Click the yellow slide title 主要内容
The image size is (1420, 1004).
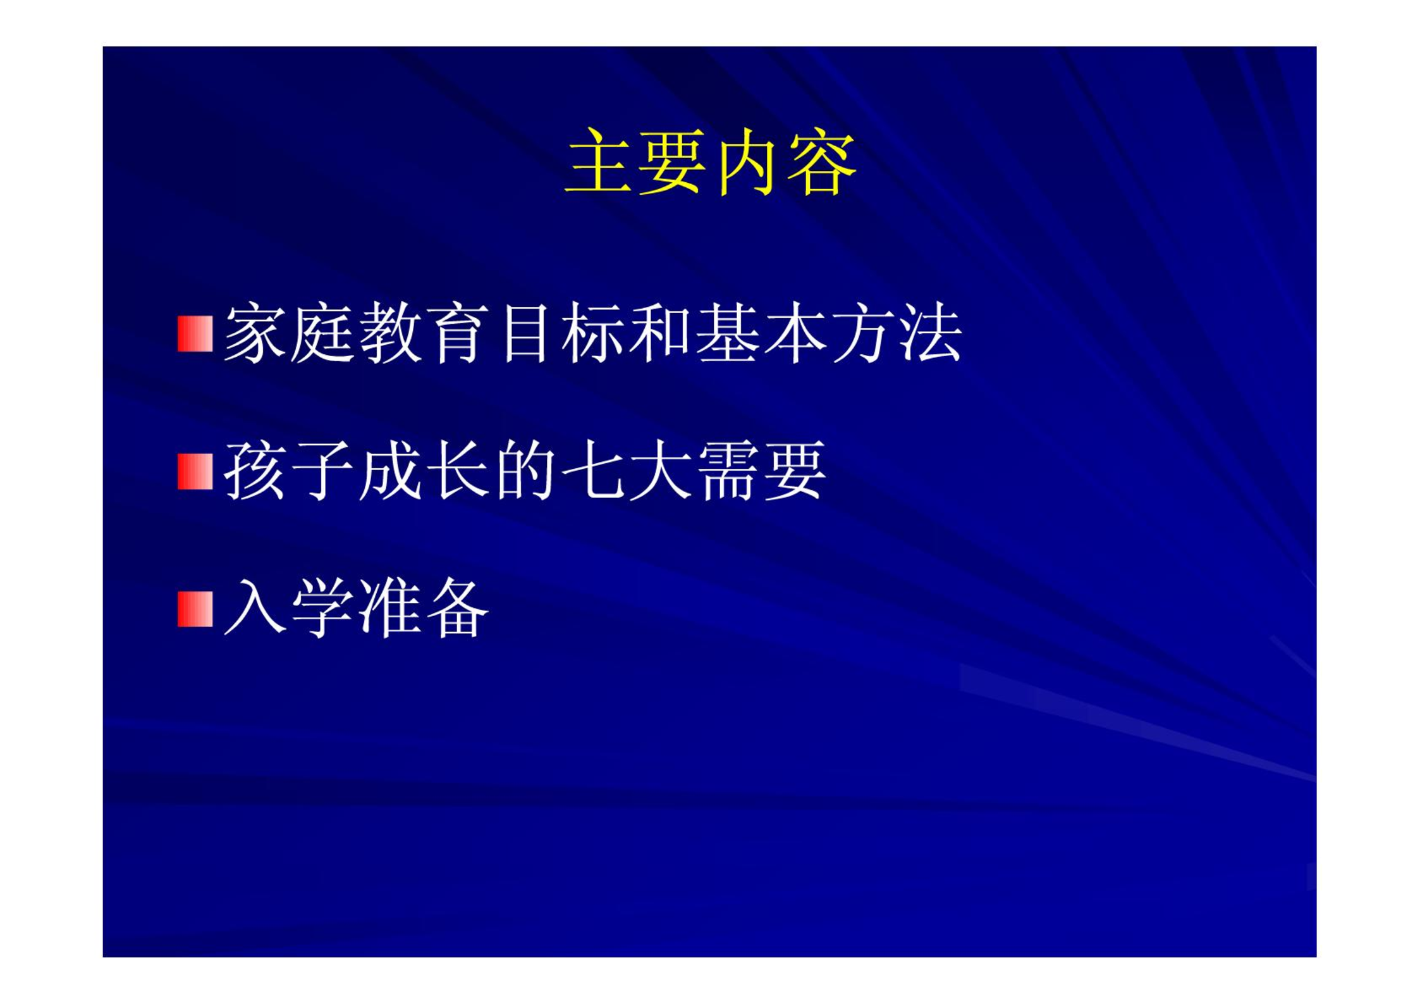(710, 161)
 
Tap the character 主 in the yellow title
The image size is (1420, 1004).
(598, 161)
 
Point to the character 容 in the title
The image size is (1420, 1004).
(823, 161)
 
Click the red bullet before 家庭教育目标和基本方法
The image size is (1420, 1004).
(195, 333)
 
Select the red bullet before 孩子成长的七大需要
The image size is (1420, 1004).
(195, 471)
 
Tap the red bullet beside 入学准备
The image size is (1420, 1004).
(195, 609)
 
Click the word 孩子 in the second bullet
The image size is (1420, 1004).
(288, 471)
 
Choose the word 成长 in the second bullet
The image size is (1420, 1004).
(424, 471)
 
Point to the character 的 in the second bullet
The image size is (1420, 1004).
(525, 471)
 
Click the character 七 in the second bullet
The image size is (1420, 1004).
(592, 471)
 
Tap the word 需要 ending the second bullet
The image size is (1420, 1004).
(761, 471)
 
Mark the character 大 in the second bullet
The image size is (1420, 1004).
(660, 471)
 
